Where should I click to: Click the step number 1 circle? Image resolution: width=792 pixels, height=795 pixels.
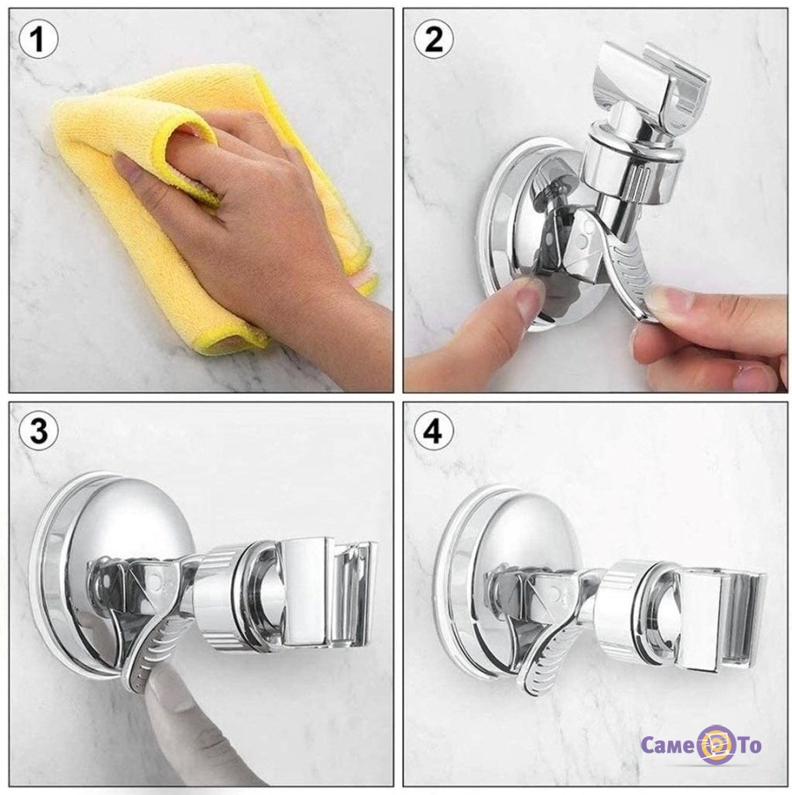[x=39, y=39]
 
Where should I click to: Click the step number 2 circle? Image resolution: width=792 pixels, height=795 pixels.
[x=433, y=39]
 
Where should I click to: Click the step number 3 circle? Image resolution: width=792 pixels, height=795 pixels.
[x=39, y=431]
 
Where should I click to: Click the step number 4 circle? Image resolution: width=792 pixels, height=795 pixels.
[x=433, y=431]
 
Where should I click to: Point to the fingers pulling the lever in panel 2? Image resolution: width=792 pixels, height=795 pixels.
[x=709, y=329]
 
